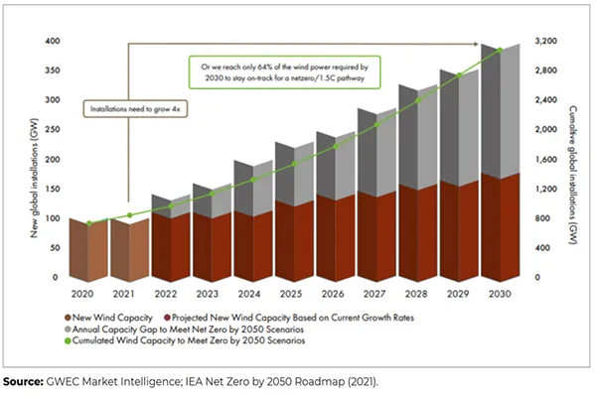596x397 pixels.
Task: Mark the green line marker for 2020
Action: tap(89, 223)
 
